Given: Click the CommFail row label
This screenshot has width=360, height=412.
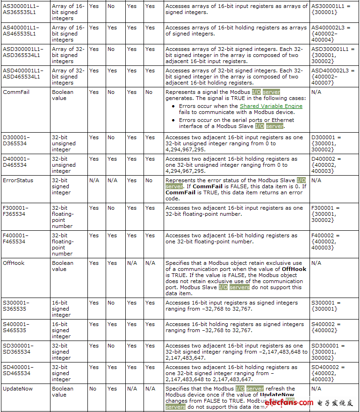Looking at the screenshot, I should (x=16, y=92).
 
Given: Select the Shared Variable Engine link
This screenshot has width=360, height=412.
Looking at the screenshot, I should (x=271, y=106).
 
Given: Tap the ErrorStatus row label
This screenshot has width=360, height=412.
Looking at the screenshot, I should (x=18, y=180).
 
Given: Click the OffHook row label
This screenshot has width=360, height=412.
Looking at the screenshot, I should (x=14, y=263).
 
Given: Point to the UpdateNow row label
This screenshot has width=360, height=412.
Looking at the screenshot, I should (x=18, y=389).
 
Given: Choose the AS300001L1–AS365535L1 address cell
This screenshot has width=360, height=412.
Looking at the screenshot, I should (x=22, y=9).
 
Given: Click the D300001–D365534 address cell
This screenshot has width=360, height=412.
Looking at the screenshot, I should (x=16, y=141).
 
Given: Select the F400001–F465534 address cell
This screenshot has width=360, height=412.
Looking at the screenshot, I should (x=16, y=239).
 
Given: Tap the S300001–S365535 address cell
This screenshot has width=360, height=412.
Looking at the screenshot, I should (x=16, y=306).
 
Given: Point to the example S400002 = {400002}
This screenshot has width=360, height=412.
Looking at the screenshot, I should (x=326, y=327).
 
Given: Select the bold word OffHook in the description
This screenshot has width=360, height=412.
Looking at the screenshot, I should (x=294, y=269).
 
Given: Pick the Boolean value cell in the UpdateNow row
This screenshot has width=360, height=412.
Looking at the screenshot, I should (x=63, y=392).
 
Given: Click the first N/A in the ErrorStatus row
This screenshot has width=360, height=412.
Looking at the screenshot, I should (x=94, y=180).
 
